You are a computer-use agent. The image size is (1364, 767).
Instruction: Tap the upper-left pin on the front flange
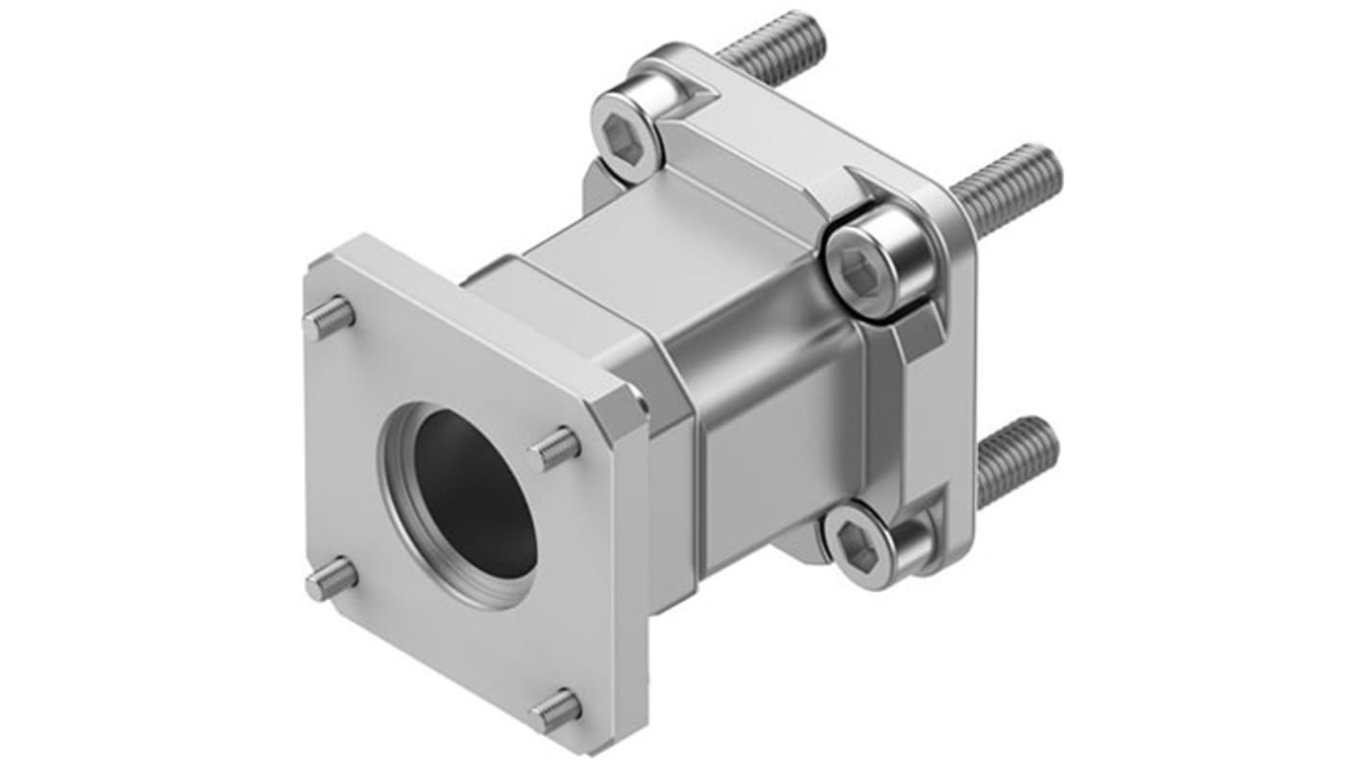click(x=329, y=318)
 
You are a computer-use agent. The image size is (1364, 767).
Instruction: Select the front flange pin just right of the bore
click(x=556, y=447)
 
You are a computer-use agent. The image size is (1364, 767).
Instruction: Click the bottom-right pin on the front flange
click(x=556, y=710)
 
